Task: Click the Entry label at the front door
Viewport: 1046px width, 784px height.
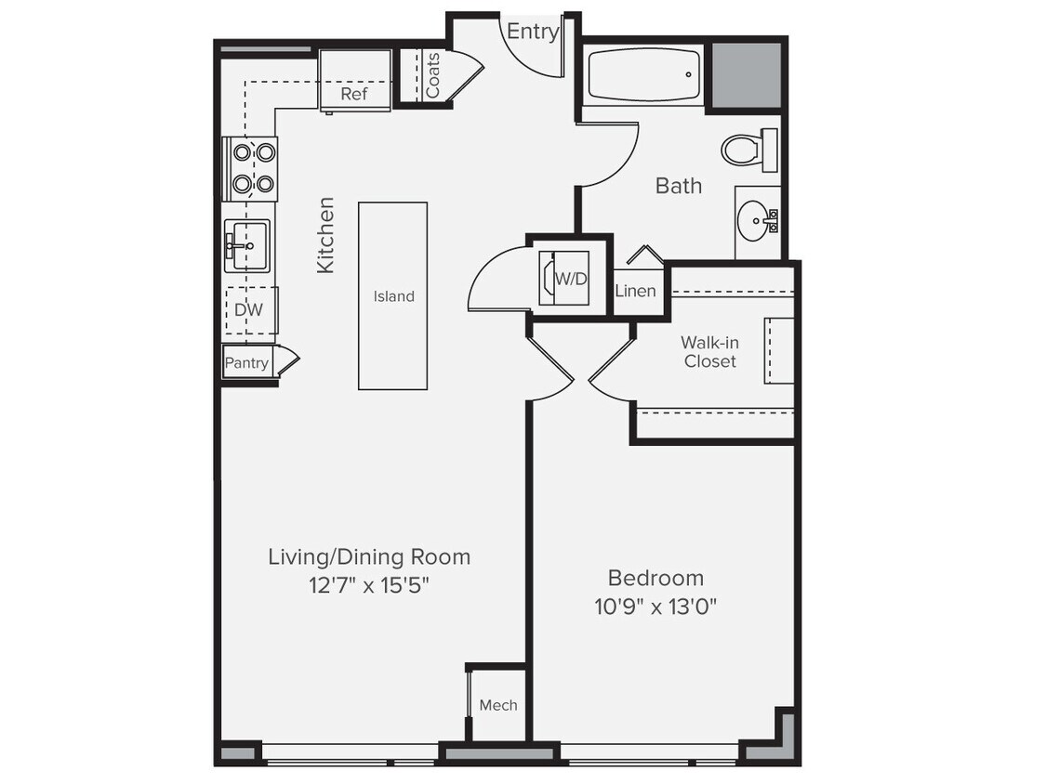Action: coord(533,32)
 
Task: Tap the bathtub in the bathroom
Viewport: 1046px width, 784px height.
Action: coord(643,76)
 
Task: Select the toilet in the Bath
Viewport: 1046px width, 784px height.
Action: coord(744,150)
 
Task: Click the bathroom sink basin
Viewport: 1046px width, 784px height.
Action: coord(754,221)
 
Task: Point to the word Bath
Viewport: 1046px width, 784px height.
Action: coord(678,186)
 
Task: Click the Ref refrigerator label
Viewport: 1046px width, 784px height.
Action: coord(353,94)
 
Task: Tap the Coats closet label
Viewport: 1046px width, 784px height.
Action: coord(433,75)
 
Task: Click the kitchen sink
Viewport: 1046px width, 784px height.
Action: coord(247,246)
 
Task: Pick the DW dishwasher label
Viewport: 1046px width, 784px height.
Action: coord(247,310)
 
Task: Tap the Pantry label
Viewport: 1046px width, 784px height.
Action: coord(246,363)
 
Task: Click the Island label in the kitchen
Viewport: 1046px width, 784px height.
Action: coord(393,296)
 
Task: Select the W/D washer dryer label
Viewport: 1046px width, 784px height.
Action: coord(570,278)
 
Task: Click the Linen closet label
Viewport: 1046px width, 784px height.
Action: coord(636,291)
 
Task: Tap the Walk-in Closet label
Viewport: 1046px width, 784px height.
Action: coord(709,352)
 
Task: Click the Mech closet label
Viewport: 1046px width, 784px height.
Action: coord(497,705)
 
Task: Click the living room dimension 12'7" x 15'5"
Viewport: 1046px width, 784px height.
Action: coord(368,585)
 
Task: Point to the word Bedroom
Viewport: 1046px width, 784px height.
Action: coord(655,577)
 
